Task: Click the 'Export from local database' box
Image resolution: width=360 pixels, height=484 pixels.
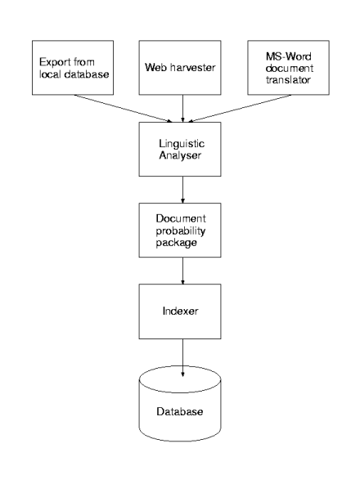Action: [73, 68]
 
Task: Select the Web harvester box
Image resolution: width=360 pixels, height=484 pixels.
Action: [180, 68]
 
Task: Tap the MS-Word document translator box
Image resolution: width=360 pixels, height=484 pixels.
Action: [288, 68]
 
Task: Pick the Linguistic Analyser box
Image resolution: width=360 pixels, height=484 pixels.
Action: [180, 149]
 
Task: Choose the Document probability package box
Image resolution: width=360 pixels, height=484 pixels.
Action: [180, 230]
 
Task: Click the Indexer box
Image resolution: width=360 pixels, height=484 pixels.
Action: [180, 311]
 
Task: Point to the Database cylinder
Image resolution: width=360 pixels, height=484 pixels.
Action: [180, 404]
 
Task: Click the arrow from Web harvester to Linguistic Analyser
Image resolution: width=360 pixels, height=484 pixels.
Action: [182, 109]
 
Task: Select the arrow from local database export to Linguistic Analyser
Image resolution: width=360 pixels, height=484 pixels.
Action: [124, 109]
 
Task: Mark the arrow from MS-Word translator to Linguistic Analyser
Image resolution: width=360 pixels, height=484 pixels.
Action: [240, 109]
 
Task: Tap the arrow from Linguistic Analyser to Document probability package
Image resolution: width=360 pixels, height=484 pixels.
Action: [182, 190]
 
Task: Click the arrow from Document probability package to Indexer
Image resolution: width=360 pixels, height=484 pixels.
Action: [182, 271]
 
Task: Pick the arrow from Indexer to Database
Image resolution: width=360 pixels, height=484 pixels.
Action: [182, 358]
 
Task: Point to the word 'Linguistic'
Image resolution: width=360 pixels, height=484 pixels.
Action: [182, 144]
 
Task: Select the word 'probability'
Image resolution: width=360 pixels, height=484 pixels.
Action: [181, 231]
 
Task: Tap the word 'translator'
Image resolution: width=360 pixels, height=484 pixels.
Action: [288, 79]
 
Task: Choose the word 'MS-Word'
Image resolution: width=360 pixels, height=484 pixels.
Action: [288, 56]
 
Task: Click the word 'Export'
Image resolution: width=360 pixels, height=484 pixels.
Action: [54, 62]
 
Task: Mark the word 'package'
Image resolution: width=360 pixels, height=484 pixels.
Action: [176, 243]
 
